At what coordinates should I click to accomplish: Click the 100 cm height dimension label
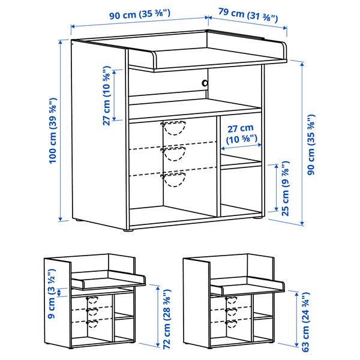click(x=53, y=131)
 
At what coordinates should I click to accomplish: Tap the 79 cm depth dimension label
click(x=248, y=15)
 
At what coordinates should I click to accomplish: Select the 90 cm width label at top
click(x=140, y=14)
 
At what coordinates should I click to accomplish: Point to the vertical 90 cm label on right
click(x=311, y=145)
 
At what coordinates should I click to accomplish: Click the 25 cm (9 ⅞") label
click(x=286, y=188)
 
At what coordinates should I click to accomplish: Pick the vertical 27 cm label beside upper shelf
click(x=107, y=95)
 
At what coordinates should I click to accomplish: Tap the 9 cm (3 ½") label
click(x=52, y=293)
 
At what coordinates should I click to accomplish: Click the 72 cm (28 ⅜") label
click(x=167, y=319)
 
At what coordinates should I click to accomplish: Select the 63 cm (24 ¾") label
click(x=305, y=322)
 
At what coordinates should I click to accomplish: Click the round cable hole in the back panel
click(x=205, y=83)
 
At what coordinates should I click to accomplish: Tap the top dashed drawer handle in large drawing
click(x=173, y=128)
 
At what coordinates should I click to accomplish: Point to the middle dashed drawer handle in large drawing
click(x=173, y=154)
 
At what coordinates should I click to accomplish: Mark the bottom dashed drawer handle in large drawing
click(x=173, y=179)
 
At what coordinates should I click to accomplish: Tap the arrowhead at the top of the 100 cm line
click(x=61, y=42)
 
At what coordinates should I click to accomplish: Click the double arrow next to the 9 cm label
click(x=59, y=293)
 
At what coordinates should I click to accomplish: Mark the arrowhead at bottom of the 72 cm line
click(x=158, y=344)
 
